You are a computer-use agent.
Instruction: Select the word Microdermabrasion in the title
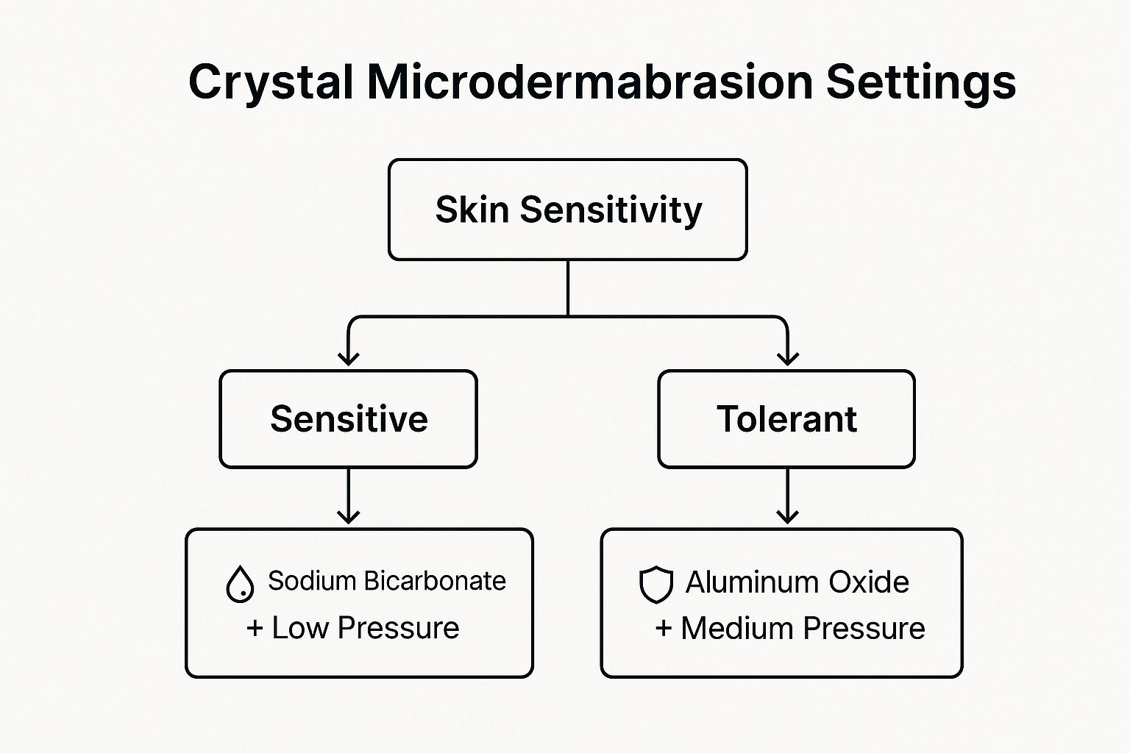pyautogui.click(x=590, y=81)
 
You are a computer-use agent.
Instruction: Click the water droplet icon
pyautogui.click(x=240, y=584)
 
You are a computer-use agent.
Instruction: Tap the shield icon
pyautogui.click(x=655, y=585)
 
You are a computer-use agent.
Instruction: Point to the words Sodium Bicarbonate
pyautogui.click(x=387, y=580)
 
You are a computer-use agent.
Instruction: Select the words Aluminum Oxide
pyautogui.click(x=797, y=582)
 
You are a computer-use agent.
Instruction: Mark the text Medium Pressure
pyautogui.click(x=803, y=628)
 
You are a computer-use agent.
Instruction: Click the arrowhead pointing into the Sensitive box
pyautogui.click(x=348, y=359)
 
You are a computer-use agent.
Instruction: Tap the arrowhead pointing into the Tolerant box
pyautogui.click(x=787, y=359)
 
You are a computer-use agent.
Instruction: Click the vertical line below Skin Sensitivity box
pyautogui.click(x=568, y=288)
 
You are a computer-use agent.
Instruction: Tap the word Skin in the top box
pyautogui.click(x=472, y=210)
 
